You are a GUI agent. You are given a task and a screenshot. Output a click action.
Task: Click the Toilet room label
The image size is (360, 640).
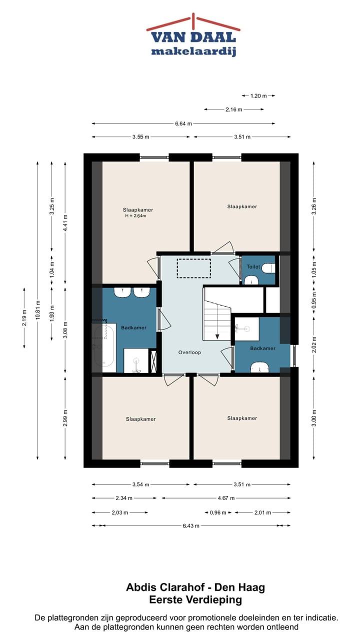253,266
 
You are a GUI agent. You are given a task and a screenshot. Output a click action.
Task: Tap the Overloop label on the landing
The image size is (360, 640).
189,352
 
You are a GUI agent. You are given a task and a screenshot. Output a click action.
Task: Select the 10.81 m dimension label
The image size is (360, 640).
37,309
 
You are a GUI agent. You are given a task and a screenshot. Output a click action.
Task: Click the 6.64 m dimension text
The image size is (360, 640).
183,123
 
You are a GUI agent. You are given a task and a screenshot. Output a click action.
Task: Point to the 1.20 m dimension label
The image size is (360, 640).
258,96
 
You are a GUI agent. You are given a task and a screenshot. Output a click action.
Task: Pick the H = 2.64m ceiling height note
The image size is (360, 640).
135,216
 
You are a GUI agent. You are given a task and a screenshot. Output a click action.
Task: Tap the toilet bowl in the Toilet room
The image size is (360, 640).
268,268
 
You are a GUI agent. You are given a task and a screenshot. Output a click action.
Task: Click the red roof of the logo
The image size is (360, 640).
193,22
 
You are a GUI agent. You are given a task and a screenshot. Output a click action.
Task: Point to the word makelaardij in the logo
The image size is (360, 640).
193,51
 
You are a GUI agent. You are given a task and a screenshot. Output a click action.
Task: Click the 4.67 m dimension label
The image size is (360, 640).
226,498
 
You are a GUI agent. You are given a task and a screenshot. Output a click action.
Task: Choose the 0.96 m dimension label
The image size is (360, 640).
218,513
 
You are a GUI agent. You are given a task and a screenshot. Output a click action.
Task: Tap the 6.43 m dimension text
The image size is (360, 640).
191,525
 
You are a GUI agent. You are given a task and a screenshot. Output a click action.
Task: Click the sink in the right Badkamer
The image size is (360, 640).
259,367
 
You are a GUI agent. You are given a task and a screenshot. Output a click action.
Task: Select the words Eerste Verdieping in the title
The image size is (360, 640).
195,599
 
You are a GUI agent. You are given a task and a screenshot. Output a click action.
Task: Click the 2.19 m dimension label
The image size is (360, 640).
24,317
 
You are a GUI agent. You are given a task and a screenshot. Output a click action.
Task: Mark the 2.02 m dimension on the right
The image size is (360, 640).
314,344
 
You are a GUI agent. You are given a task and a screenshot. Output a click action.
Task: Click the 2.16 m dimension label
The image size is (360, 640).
233,109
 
